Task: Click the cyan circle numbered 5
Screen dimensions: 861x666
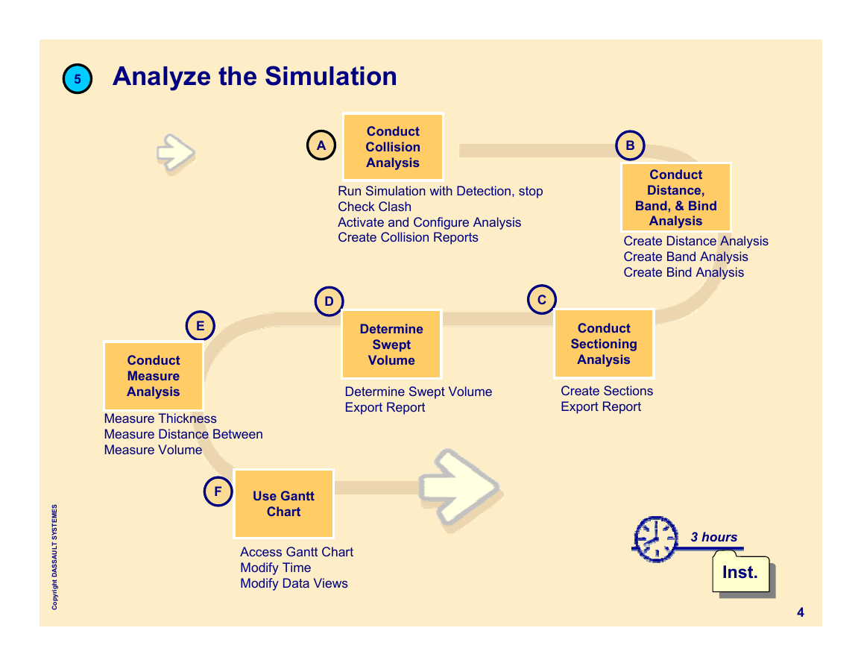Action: point(78,78)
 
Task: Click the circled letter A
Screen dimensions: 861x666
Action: point(321,145)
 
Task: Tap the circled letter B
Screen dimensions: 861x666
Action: point(630,145)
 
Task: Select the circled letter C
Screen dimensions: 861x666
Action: point(542,300)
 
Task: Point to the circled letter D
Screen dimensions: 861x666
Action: point(329,301)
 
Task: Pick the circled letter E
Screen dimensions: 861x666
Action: point(201,325)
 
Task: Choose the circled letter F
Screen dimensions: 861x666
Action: point(218,491)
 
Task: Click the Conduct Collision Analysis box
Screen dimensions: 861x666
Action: point(393,147)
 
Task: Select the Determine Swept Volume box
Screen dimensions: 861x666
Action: point(391,345)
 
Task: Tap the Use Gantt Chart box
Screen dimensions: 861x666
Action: point(284,504)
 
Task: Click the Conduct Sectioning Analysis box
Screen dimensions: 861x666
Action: point(604,344)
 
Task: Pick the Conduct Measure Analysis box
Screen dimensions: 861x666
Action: point(154,376)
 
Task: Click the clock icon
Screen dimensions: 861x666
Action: point(656,539)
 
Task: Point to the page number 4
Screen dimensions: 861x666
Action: point(801,612)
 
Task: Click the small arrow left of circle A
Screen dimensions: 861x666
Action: point(176,153)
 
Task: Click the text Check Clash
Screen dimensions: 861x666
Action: point(374,207)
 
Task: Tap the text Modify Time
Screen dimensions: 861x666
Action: point(276,568)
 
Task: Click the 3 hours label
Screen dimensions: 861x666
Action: point(714,537)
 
